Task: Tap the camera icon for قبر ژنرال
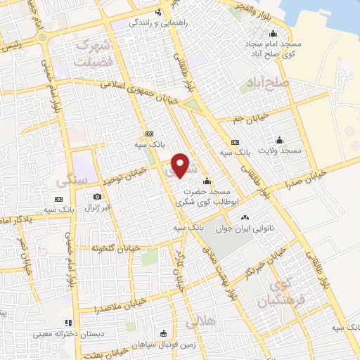coord(97,197)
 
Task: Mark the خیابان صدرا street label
coord(305,178)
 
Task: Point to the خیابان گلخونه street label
coord(112,248)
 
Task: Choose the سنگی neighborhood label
coord(73,180)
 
